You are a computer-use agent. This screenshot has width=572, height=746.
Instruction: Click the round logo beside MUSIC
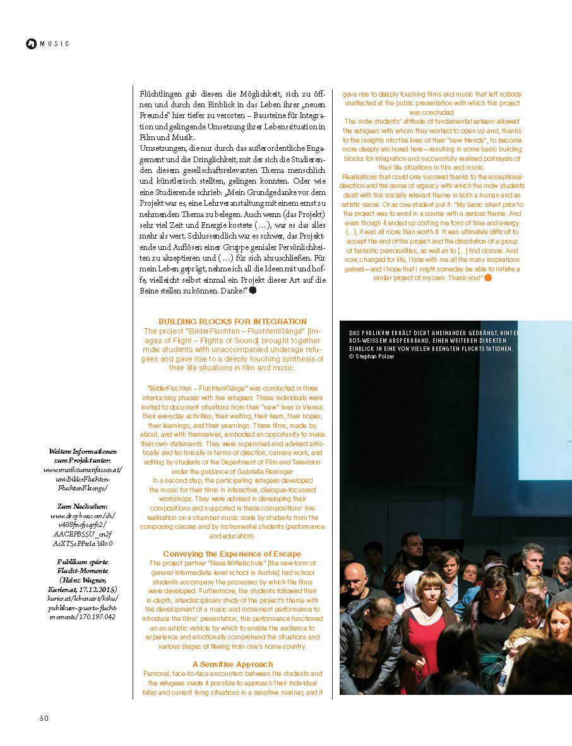tap(30, 44)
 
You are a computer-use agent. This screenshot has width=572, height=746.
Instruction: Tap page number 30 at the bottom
tap(44, 718)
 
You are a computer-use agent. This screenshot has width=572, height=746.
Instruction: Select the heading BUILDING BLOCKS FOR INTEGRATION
tap(232, 322)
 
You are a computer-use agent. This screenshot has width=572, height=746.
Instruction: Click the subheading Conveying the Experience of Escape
tap(232, 554)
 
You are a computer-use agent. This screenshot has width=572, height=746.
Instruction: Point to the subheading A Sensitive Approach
tap(232, 664)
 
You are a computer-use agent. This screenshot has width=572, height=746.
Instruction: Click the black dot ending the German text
tap(253, 290)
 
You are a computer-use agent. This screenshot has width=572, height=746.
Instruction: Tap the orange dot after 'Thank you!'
tap(487, 278)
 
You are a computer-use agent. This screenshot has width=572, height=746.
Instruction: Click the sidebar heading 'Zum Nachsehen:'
tap(83, 506)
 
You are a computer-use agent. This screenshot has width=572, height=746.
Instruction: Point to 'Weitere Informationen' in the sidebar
tap(83, 452)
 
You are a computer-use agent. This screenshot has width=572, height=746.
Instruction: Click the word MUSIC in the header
tap(54, 44)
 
